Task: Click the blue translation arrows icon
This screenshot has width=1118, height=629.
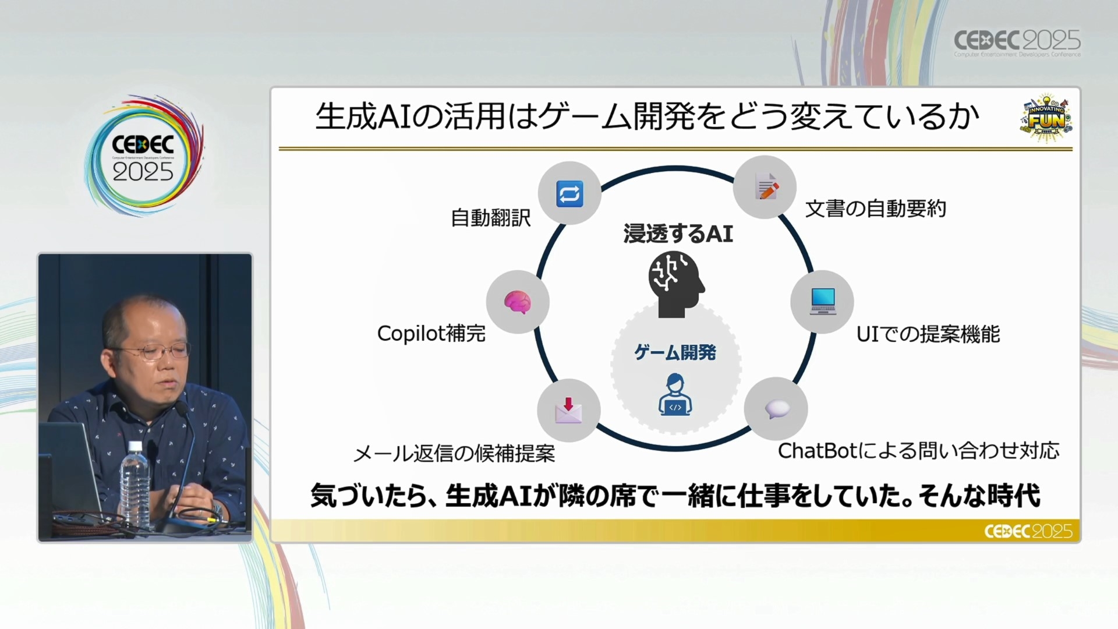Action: click(569, 194)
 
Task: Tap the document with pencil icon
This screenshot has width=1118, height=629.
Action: click(766, 187)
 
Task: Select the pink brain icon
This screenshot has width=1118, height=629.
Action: click(518, 302)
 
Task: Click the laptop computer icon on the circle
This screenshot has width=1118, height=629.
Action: click(823, 301)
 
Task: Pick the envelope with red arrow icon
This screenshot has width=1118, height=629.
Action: click(568, 410)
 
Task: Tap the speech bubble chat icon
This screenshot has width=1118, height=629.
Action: click(777, 409)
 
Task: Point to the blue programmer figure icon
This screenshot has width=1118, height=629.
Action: click(675, 395)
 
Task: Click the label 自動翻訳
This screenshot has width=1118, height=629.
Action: click(491, 218)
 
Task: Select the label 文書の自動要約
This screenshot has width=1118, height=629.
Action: click(876, 209)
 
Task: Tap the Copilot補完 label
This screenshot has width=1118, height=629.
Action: click(431, 334)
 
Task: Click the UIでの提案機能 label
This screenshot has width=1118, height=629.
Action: click(928, 334)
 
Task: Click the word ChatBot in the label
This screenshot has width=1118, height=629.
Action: click(818, 451)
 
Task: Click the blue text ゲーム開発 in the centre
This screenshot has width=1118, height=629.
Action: click(675, 352)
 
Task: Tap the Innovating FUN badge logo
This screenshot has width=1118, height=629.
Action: click(1046, 118)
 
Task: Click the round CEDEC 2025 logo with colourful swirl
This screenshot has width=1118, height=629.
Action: click(144, 156)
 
